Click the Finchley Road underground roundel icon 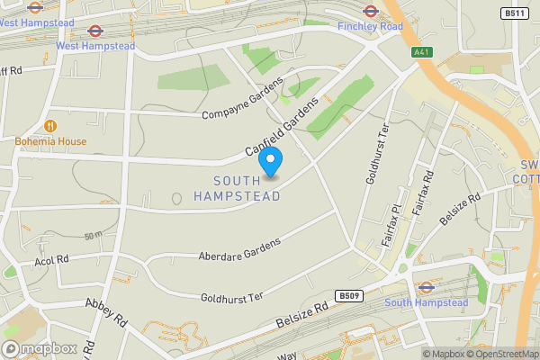(x=369, y=11)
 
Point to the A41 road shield (x=421, y=52)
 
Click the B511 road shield (x=514, y=13)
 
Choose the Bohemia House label (x=50, y=141)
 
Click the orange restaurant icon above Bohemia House (x=50, y=125)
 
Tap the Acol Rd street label (x=51, y=259)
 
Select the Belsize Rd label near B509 (x=301, y=316)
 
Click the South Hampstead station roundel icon (x=427, y=288)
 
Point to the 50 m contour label (x=94, y=236)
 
